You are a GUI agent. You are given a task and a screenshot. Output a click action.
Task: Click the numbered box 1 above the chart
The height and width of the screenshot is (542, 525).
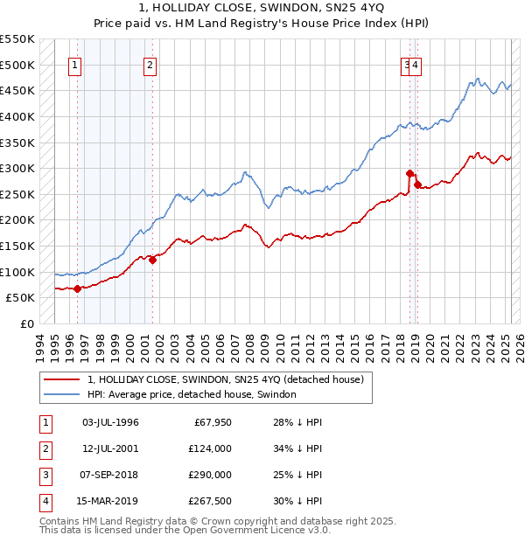coord(75,64)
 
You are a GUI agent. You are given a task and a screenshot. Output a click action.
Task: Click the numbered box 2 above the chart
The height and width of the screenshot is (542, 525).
coord(150,64)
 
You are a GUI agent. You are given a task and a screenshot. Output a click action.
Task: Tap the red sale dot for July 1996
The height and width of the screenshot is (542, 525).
coord(77,288)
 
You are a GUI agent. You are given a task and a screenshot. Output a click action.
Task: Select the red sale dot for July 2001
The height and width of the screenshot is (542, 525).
coord(152,259)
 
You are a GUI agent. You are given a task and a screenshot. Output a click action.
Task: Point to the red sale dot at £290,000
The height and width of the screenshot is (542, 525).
coord(409,173)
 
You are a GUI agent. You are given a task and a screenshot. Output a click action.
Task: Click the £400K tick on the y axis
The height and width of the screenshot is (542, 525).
coord(17,116)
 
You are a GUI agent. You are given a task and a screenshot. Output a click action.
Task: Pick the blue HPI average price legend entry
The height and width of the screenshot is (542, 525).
coord(192,394)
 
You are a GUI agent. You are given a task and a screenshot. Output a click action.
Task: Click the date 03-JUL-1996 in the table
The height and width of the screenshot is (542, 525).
coord(110,422)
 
